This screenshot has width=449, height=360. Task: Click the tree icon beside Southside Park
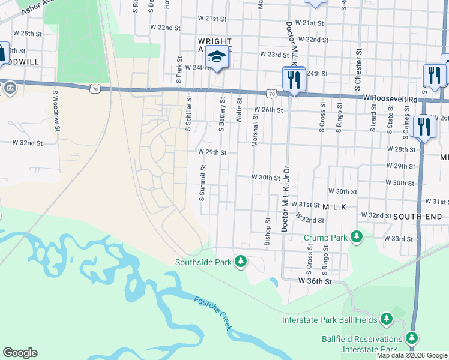[241, 262]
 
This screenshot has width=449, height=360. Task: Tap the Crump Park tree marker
[357, 237]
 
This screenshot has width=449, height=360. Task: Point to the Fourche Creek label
[214, 312]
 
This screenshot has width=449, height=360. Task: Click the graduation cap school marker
[216, 57]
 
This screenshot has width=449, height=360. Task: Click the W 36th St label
[315, 281]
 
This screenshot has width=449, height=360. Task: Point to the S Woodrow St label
[55, 107]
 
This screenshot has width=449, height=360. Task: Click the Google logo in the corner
[20, 353]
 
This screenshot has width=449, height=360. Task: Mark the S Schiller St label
[188, 112]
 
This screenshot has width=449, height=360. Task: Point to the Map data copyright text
[412, 355]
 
